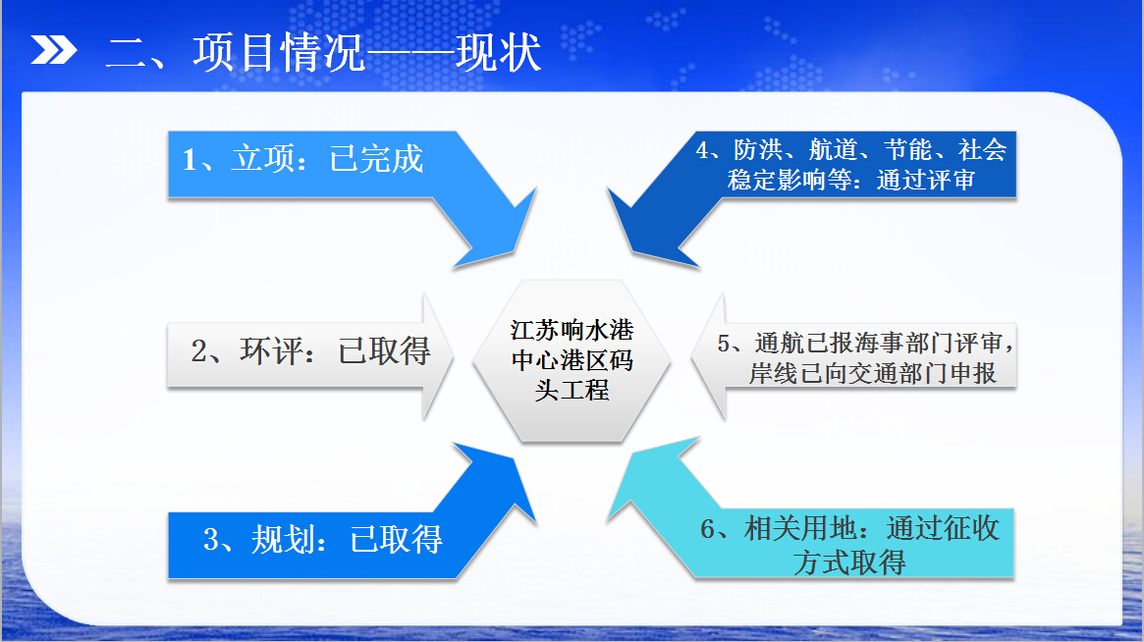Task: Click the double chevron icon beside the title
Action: (53, 50)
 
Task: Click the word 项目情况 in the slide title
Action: (279, 53)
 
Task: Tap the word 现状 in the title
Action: (499, 53)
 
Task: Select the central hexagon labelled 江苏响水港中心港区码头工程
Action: (572, 360)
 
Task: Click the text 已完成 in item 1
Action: (376, 159)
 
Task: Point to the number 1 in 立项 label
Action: (189, 160)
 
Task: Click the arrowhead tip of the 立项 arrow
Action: (537, 187)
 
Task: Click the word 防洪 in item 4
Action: (758, 149)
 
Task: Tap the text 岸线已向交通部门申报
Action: (873, 374)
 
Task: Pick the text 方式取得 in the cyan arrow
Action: (850, 562)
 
